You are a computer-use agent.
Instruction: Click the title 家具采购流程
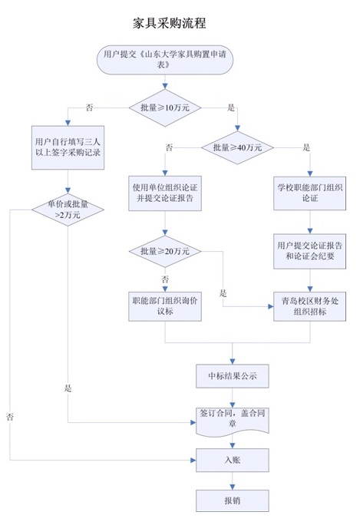169,23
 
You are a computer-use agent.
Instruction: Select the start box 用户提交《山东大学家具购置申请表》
165,60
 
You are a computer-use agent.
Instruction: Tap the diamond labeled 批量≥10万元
165,107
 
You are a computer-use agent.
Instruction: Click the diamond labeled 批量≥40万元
237,147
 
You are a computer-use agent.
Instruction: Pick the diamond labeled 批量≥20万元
165,251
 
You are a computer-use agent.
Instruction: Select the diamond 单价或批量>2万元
68,210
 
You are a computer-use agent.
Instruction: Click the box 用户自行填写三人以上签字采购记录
68,147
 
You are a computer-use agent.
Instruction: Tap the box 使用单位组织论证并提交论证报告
165,193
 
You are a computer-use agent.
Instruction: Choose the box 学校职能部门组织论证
310,193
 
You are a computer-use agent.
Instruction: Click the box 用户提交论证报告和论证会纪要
310,251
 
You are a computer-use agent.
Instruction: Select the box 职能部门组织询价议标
165,306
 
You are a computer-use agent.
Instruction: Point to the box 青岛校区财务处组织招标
310,306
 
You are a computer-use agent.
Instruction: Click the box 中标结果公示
233,376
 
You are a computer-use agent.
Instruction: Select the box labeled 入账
233,460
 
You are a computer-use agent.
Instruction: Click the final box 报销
233,500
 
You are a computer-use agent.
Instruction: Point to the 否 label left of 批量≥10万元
89,107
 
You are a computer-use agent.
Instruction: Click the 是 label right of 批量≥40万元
306,147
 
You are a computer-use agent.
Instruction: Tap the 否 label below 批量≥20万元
165,279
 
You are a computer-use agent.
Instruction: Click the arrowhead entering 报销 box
233,487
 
